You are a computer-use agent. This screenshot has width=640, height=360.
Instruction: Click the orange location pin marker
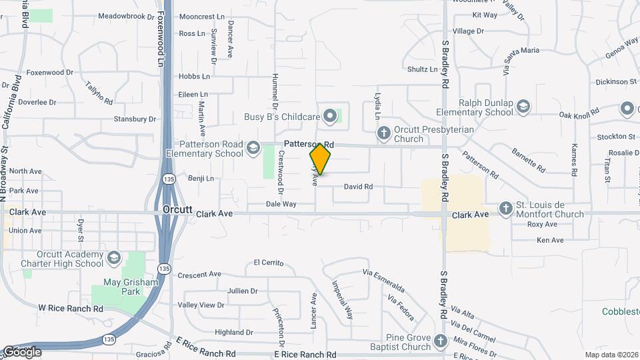[x=321, y=159]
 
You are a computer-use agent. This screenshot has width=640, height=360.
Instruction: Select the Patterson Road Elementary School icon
[x=253, y=148]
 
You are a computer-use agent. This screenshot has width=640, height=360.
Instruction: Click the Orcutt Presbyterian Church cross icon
[x=384, y=133]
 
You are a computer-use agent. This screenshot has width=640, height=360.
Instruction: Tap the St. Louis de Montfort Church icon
[x=506, y=209]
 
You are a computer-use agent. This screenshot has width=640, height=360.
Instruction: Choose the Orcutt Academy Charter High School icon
[x=114, y=258]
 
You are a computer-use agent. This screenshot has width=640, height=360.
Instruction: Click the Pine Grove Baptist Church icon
[x=440, y=341]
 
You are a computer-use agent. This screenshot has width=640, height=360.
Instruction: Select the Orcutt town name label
[x=178, y=209]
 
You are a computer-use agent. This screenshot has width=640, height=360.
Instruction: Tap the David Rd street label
[x=358, y=187]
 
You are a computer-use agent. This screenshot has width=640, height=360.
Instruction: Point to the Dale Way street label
[x=281, y=204]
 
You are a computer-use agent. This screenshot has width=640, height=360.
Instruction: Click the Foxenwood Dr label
[x=50, y=72]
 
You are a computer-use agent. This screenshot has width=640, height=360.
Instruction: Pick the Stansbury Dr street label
[x=134, y=119]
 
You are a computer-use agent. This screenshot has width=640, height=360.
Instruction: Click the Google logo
[x=22, y=351]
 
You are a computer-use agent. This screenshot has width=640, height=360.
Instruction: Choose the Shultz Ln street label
[x=423, y=69]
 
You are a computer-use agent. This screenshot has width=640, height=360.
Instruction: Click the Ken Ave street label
[x=550, y=240]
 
